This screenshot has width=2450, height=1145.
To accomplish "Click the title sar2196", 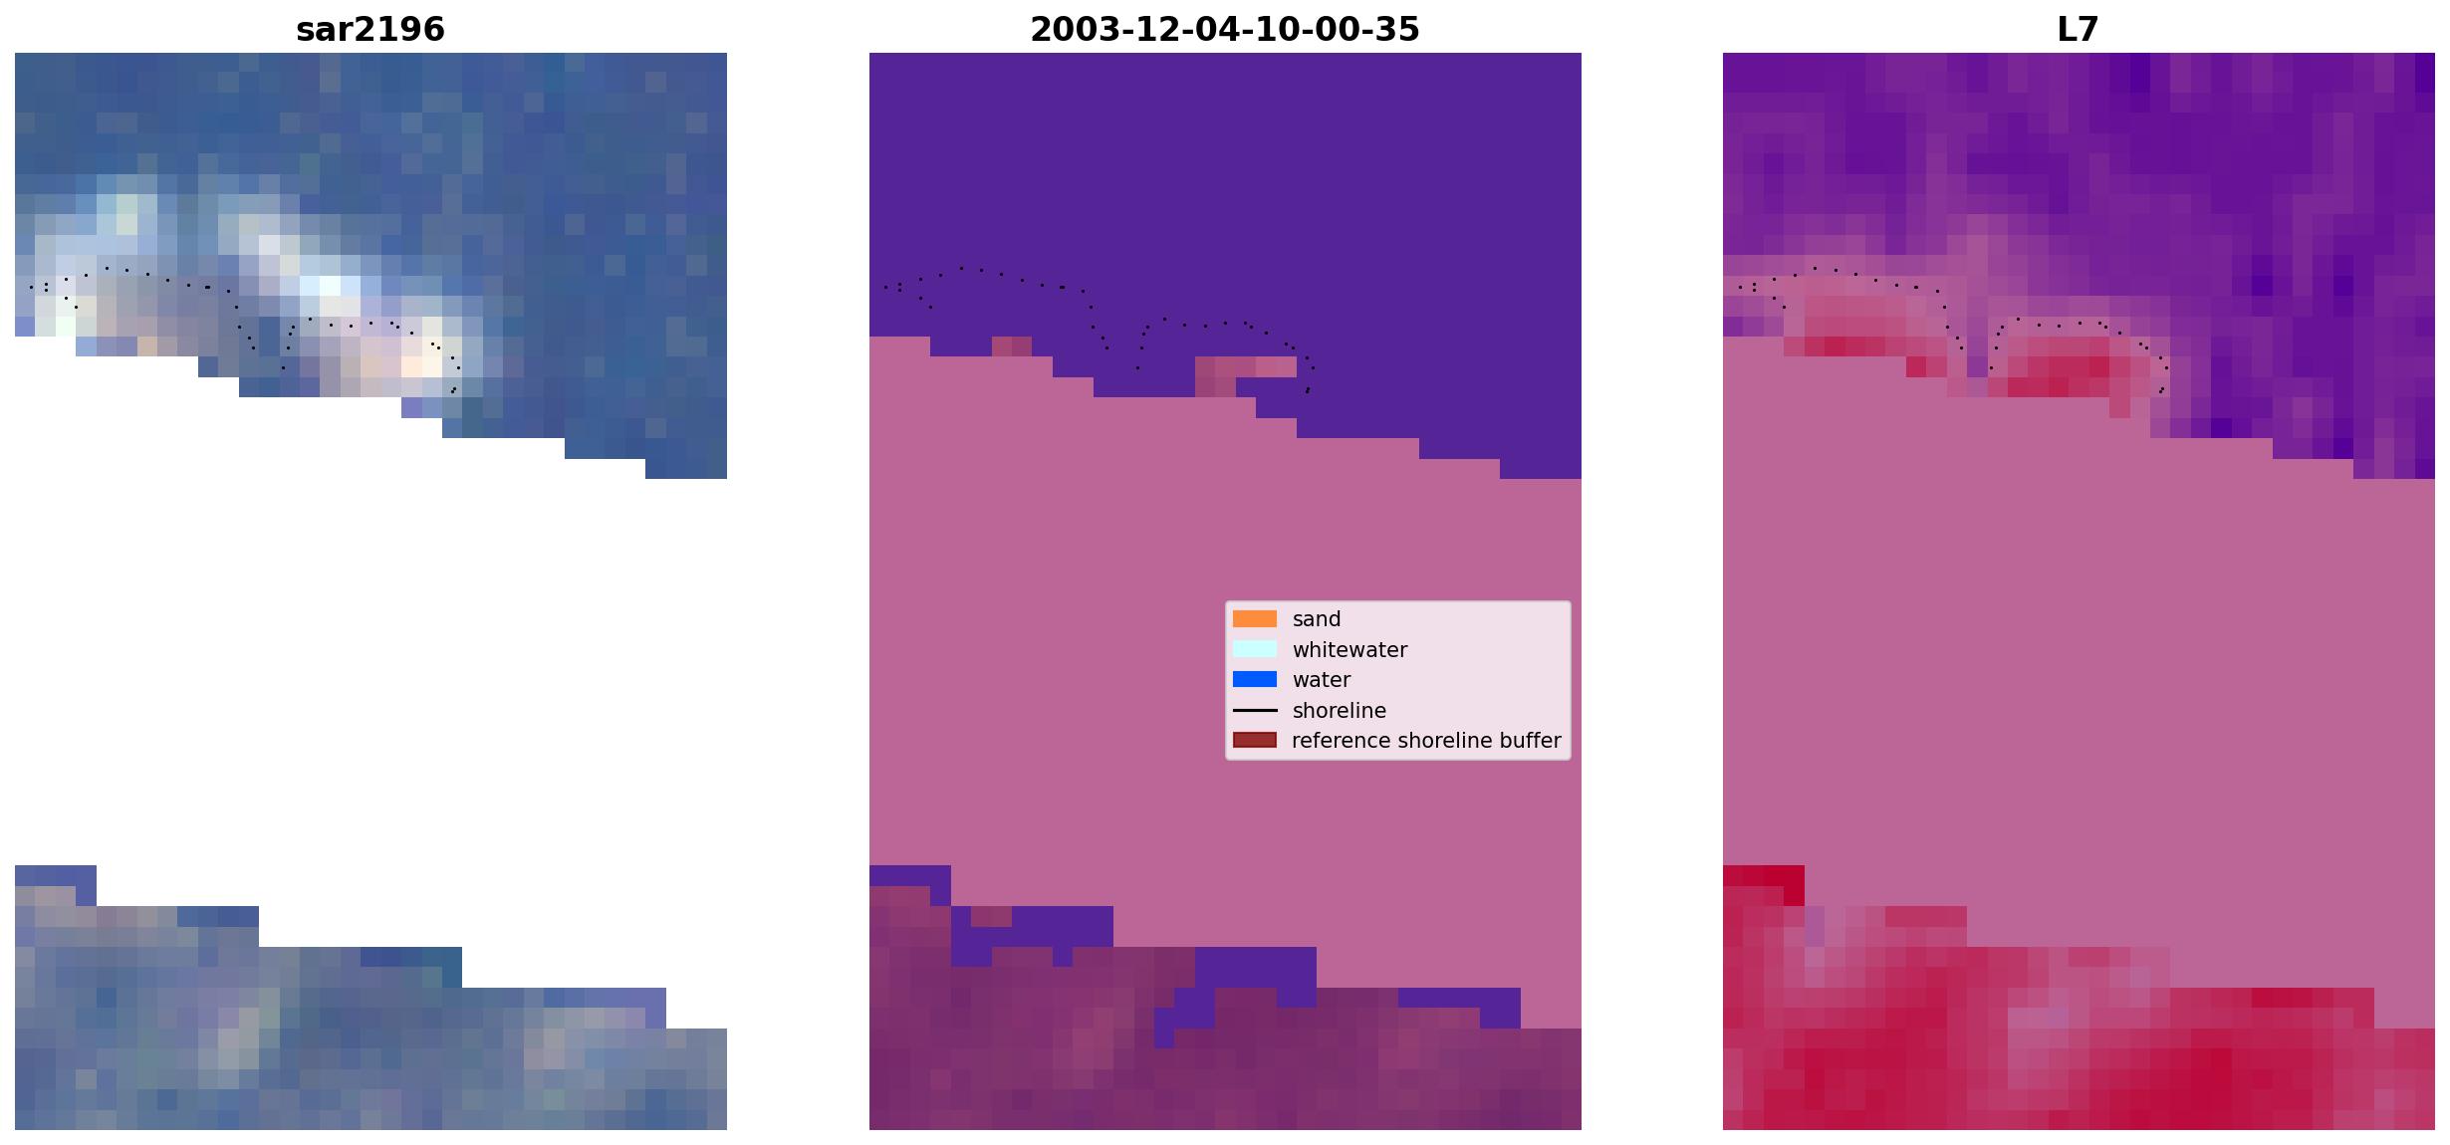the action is (370, 29).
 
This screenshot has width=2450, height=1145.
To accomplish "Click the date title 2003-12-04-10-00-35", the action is (1224, 29).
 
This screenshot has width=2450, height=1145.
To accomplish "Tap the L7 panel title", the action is (2078, 29).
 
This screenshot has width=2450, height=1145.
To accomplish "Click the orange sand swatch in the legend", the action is (1254, 619).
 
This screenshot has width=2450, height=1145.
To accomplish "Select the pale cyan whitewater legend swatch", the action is (1254, 649).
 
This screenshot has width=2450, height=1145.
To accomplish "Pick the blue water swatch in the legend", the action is (1254, 680).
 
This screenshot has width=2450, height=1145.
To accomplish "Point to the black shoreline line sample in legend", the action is (1254, 711).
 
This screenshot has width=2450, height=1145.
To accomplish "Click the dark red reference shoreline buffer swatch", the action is (1254, 741).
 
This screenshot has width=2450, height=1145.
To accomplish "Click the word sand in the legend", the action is (1317, 619).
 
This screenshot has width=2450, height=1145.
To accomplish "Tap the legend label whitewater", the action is (1349, 650).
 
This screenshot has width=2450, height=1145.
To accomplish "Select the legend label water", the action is (1321, 680).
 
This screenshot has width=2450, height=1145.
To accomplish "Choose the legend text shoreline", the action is (1339, 711).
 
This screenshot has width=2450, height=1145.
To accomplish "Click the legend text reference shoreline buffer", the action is (1426, 741).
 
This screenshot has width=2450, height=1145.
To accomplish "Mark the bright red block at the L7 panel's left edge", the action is (1763, 885).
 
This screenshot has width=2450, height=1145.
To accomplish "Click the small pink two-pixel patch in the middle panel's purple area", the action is (1012, 345).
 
